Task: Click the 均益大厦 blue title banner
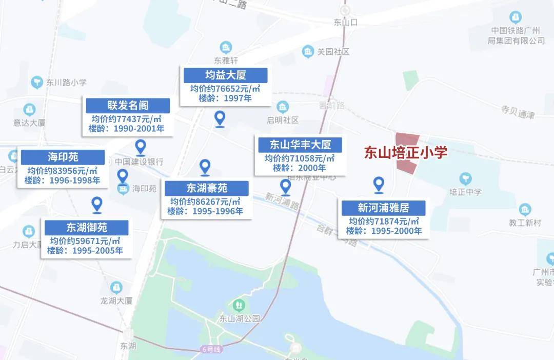pos(226,75)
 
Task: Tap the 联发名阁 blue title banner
pos(128,106)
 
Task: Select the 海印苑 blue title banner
pos(63,157)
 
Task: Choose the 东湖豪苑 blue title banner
pos(206,188)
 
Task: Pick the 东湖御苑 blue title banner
pos(86,227)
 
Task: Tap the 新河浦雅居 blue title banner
pos(383,208)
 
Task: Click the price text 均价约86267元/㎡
pos(205,202)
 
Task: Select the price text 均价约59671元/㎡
pos(85,241)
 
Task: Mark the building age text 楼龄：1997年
pos(225,98)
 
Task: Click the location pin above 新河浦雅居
pos(379,185)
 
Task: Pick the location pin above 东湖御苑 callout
pos(96,205)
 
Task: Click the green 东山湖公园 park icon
pos(239,306)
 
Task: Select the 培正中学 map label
pos(465,192)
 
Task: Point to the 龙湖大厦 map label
pos(117,301)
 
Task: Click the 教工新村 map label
pos(524,223)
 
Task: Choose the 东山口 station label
pos(345,22)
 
